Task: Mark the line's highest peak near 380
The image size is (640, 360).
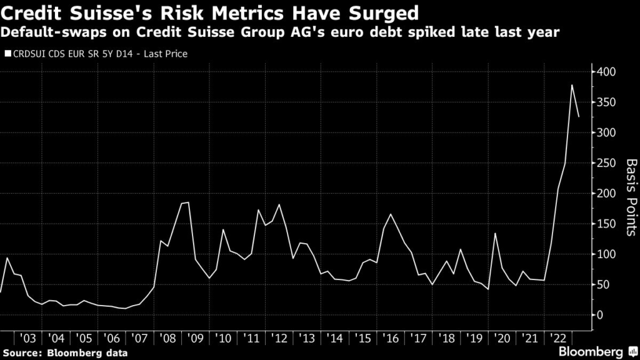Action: click(x=572, y=85)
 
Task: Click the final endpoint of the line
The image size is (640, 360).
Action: click(x=579, y=117)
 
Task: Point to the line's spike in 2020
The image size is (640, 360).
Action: click(x=495, y=233)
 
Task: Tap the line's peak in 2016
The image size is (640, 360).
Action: click(x=391, y=214)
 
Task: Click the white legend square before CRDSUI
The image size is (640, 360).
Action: click(x=7, y=54)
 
